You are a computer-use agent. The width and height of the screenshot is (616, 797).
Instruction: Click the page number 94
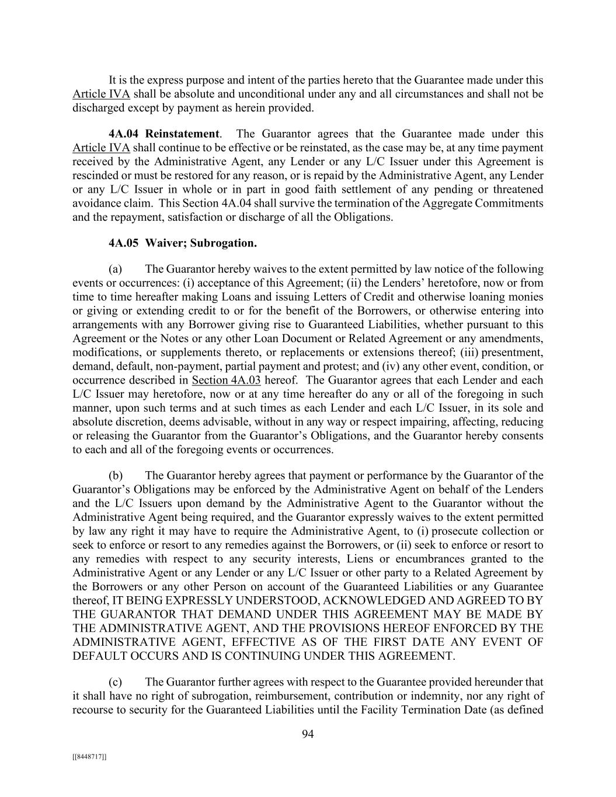[308, 734]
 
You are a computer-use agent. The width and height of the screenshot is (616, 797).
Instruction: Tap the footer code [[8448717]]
[89, 757]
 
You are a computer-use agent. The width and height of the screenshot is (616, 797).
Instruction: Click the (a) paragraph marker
[115, 269]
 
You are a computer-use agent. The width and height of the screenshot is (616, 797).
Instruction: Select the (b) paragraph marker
[115, 475]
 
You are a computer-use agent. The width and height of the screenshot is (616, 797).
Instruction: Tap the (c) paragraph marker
[115, 681]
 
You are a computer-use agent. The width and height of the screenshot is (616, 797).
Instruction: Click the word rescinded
[96, 175]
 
